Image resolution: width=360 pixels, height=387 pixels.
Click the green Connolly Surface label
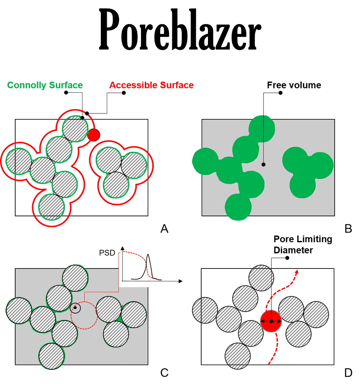coord(45,85)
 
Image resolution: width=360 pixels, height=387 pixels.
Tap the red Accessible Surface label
coord(151,85)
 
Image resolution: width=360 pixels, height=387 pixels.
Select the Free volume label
coord(294,85)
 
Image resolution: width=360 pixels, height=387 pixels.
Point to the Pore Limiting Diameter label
coord(302,245)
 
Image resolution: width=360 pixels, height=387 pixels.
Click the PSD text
coord(107,253)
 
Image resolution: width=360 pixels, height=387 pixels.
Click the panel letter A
coord(165,229)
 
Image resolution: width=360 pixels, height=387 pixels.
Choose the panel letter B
coord(348,229)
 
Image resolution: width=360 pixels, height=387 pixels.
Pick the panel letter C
coord(165,373)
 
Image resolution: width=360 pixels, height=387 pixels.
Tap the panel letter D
coord(348,373)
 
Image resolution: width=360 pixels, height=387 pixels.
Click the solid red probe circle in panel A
coord(94,135)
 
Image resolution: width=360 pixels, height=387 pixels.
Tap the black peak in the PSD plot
coord(149,256)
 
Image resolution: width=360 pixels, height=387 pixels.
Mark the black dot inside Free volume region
coord(263,164)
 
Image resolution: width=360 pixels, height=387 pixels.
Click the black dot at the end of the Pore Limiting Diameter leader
coord(288,258)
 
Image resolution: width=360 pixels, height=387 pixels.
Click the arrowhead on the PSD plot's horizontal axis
coord(181,281)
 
